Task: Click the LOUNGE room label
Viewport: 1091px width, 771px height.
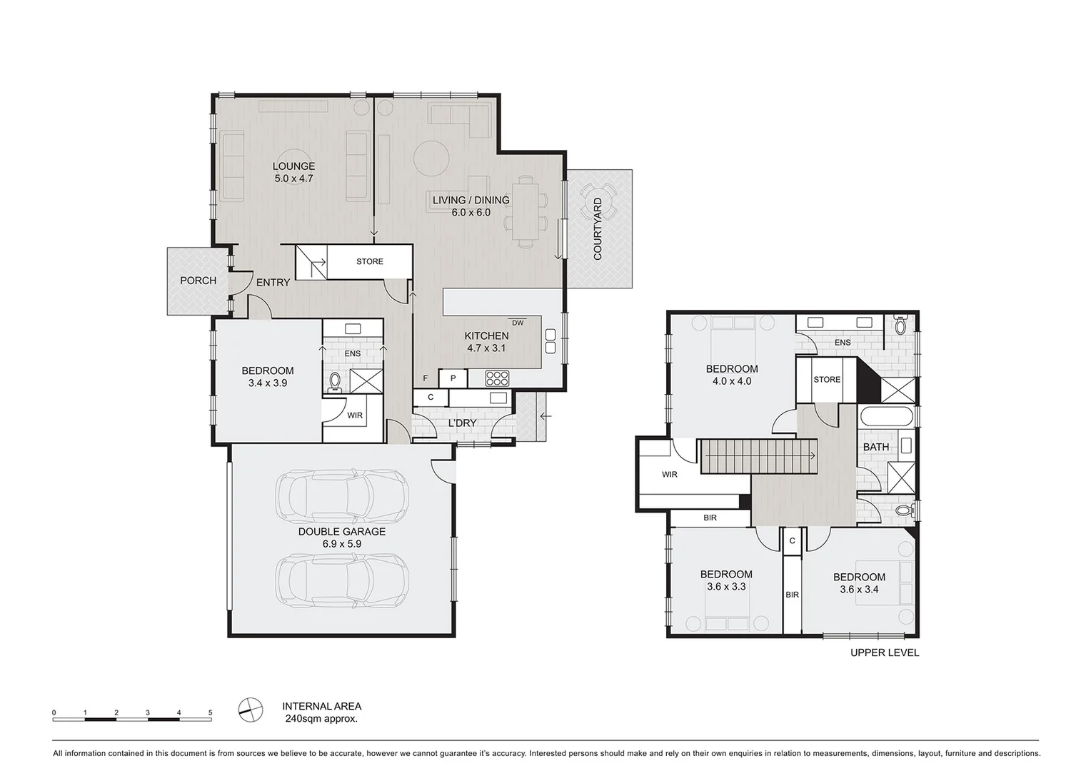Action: (x=293, y=166)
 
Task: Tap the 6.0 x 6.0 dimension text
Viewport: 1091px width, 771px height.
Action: (x=471, y=212)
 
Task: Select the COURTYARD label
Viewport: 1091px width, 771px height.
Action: (x=598, y=228)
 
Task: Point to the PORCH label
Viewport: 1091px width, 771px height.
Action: (x=198, y=281)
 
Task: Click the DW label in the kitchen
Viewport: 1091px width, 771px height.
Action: (x=518, y=323)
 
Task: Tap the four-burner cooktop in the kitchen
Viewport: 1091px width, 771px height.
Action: (x=497, y=378)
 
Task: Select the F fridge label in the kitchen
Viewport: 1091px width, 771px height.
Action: (x=426, y=378)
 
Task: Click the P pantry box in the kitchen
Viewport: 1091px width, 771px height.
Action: (x=453, y=378)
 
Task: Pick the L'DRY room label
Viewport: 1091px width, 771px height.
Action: (x=462, y=423)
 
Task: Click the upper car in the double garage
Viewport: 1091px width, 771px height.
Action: (x=341, y=497)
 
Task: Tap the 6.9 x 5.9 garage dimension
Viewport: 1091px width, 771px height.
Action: (x=342, y=544)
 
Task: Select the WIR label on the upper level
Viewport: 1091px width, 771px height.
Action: (x=669, y=474)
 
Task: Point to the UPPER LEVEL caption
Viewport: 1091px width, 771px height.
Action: (x=884, y=652)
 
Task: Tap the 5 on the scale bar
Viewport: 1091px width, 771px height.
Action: (x=210, y=712)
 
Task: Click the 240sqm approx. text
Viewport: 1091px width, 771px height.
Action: (x=320, y=719)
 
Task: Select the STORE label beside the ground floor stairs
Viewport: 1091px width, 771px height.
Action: (x=370, y=261)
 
